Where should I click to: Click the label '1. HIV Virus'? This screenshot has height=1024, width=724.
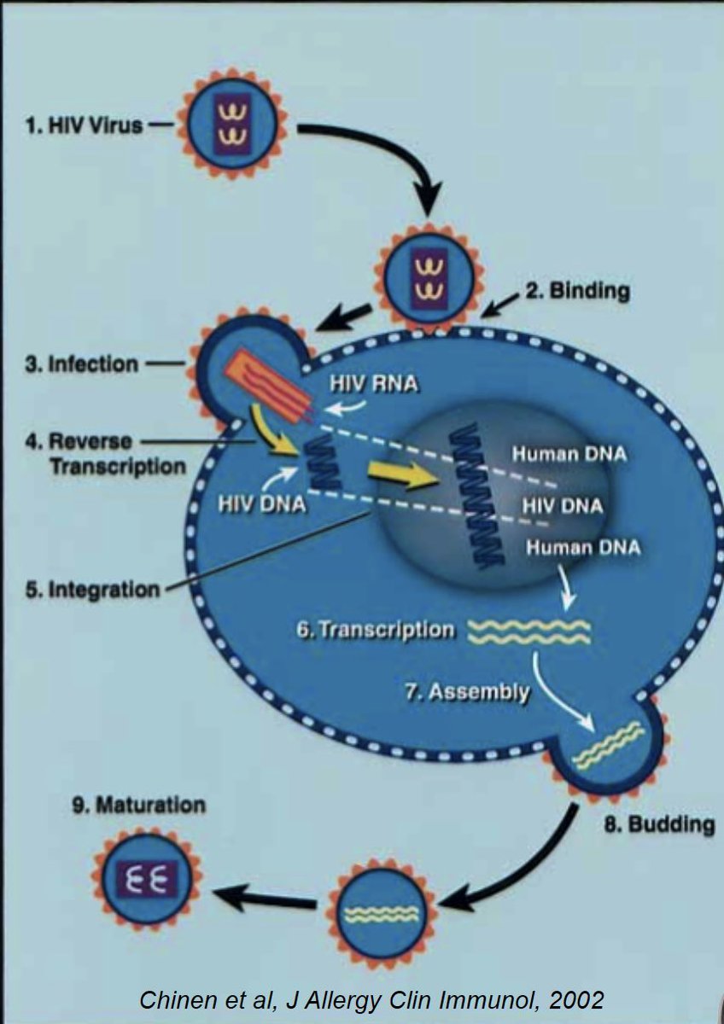coord(84,128)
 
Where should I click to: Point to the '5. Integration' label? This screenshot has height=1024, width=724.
coord(93,589)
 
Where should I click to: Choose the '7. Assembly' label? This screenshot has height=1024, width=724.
coord(466,690)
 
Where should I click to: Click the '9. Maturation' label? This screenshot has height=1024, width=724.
coord(138,805)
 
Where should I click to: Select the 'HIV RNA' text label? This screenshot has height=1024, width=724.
coord(374,384)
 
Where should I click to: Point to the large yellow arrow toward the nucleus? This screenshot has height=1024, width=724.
coord(401,476)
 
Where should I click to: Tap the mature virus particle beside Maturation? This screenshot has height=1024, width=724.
coord(147,878)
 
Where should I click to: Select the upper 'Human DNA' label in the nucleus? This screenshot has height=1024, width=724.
coord(569,454)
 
